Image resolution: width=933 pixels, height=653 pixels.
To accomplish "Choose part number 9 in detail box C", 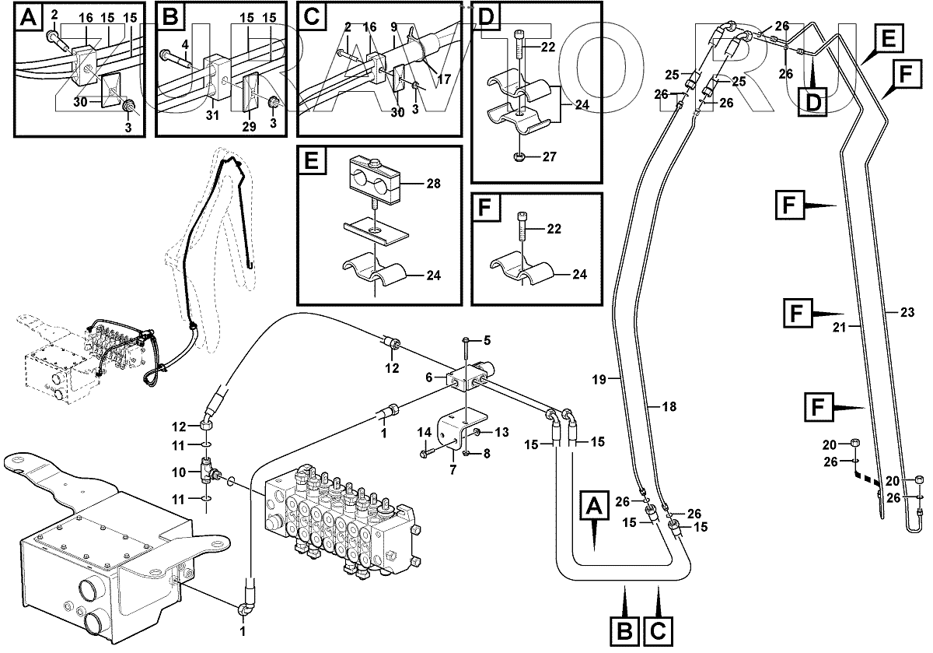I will [395, 26].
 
